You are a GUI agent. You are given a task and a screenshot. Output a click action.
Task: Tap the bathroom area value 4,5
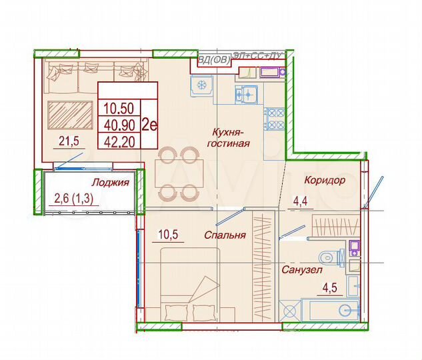(331, 288)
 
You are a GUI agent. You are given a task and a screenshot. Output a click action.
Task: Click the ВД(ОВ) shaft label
(214, 59)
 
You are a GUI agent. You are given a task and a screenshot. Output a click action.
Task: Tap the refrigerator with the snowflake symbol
(201, 86)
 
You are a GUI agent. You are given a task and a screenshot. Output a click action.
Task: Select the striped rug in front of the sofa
(70, 114)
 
